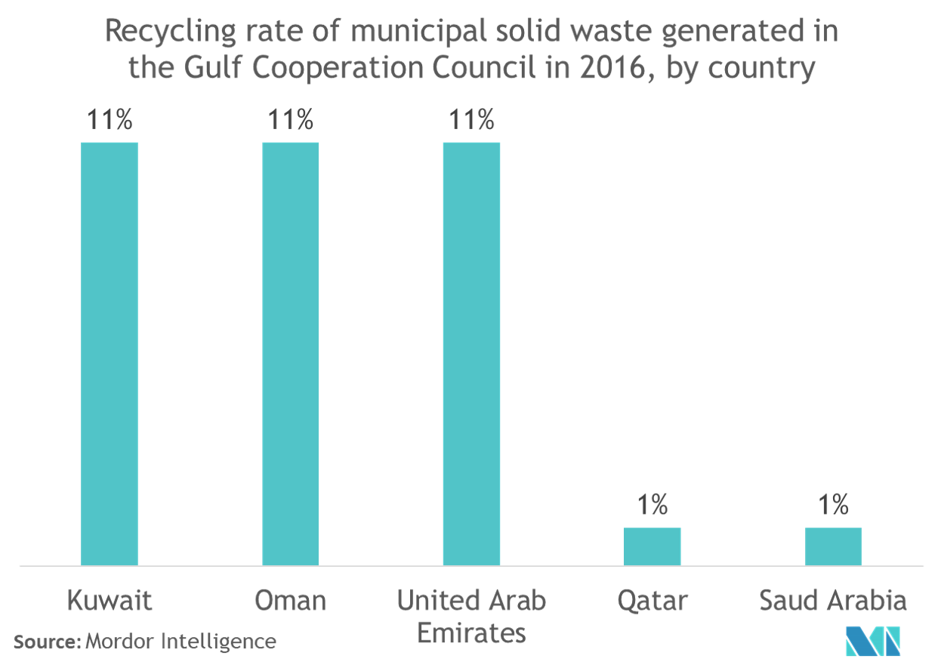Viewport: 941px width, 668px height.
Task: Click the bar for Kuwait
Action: [x=110, y=352]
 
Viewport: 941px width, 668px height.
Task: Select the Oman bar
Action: [x=290, y=352]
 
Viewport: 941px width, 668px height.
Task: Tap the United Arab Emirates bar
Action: [x=471, y=352]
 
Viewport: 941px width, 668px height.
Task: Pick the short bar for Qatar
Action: [x=652, y=546]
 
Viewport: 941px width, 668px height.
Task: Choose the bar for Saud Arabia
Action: [x=833, y=546]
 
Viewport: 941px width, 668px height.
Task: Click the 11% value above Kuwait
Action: [x=110, y=120]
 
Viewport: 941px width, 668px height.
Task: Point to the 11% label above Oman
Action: [x=290, y=120]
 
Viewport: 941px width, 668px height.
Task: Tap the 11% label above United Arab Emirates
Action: [x=471, y=120]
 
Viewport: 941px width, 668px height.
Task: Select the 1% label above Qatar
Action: [x=652, y=505]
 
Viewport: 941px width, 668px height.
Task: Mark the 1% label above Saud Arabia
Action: [x=833, y=505]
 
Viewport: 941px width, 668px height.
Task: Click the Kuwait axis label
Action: [x=110, y=601]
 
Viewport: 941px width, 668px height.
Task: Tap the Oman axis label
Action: [x=290, y=601]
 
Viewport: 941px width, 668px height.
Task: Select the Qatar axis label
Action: [x=652, y=602]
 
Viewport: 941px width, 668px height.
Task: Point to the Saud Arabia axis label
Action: [x=832, y=601]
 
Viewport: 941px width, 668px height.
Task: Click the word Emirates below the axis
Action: [x=471, y=633]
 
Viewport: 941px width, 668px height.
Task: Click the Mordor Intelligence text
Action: [x=180, y=642]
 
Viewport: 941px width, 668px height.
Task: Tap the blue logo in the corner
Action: [x=873, y=641]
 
